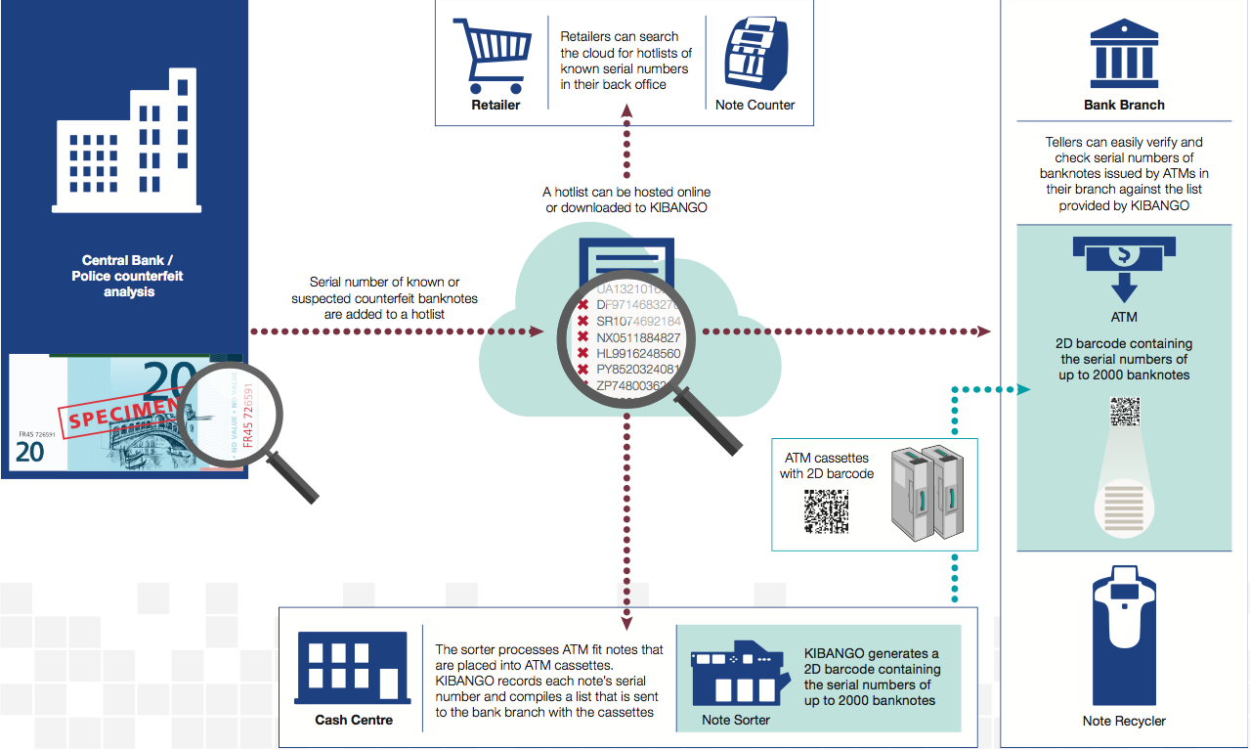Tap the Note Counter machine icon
point(754,55)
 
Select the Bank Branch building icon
point(1124,53)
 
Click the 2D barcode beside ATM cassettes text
point(826,509)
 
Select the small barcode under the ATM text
point(1125,411)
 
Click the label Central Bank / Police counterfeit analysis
point(128,276)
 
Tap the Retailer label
point(496,105)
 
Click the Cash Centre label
point(354,720)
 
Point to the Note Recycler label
point(1124,721)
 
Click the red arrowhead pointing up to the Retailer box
point(626,112)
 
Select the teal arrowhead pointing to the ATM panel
point(1022,389)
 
